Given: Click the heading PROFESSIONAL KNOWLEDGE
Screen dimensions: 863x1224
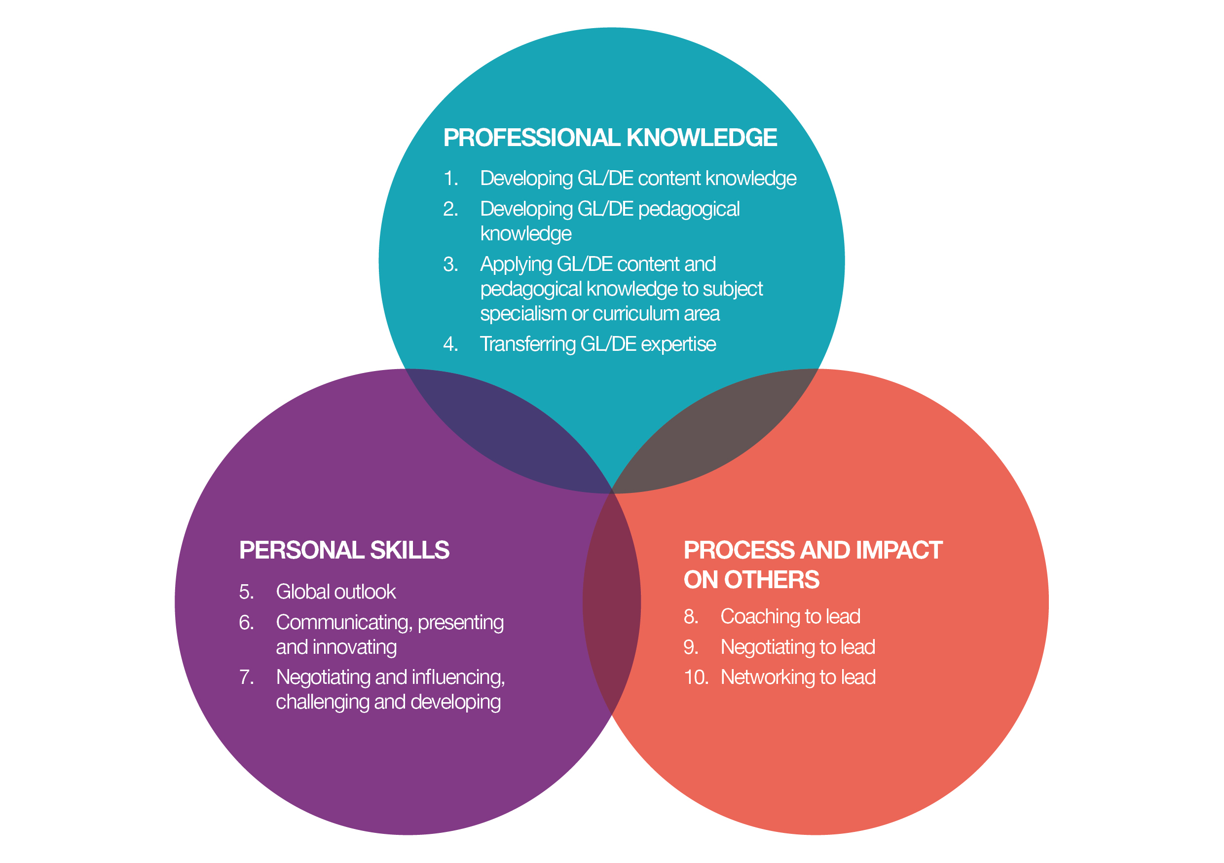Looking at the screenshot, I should click(610, 138).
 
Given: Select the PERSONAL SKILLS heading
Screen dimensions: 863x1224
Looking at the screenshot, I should click(344, 550).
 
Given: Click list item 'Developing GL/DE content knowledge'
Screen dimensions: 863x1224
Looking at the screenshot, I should click(637, 178).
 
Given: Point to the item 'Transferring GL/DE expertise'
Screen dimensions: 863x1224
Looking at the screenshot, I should click(597, 344).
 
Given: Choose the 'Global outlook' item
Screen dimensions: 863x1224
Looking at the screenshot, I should click(336, 592).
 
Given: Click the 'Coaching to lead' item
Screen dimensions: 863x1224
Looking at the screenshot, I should click(790, 616).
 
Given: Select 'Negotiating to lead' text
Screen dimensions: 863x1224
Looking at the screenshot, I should click(798, 646).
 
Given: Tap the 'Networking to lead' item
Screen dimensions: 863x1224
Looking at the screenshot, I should click(798, 677).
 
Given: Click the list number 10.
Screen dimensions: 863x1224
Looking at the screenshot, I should click(696, 677).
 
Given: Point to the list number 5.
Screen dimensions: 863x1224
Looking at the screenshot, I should click(246, 592).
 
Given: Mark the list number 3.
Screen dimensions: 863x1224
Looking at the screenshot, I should click(450, 264).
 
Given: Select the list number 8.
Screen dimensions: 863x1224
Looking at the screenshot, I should click(690, 616).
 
